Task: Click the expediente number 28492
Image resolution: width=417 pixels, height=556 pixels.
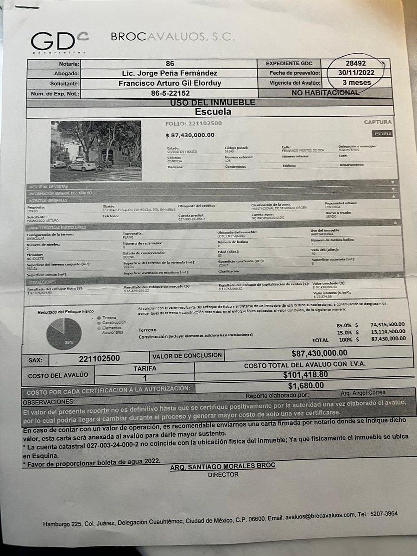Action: [x=356, y=64]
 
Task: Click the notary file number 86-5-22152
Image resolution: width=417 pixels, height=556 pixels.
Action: [x=170, y=94]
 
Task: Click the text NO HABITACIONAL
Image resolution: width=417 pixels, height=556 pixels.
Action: [x=325, y=93]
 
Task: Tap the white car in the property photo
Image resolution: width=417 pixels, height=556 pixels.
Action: [x=82, y=166]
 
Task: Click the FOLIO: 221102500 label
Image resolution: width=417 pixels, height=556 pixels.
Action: [x=193, y=124]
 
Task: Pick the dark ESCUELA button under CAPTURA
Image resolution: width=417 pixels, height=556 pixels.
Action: [x=382, y=134]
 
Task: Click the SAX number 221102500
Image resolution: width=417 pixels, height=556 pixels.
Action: [x=99, y=358]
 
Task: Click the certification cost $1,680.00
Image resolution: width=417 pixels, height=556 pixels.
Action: [x=305, y=385]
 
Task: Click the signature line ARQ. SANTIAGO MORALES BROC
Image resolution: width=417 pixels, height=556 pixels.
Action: [x=222, y=466]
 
